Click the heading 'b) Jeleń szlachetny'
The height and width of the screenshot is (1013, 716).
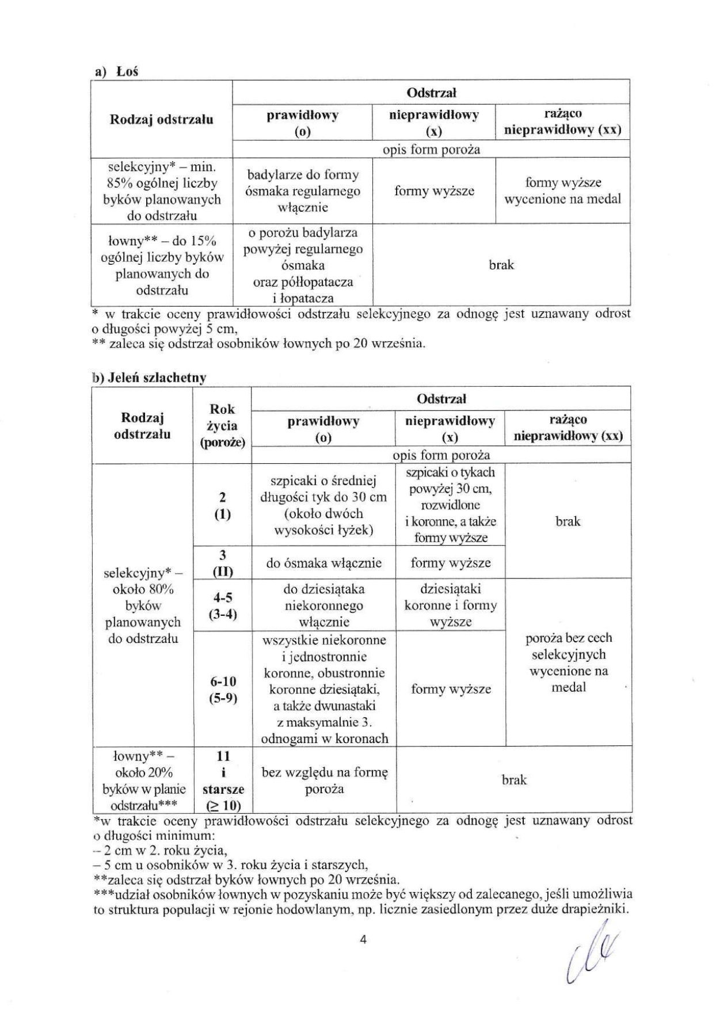pos(149,378)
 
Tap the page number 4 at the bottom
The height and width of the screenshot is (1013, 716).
pos(363,940)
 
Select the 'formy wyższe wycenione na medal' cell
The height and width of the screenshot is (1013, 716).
pos(563,191)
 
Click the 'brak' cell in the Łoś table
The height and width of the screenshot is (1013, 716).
pos(501,265)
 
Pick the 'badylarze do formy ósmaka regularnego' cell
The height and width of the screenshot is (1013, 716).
pos(302,191)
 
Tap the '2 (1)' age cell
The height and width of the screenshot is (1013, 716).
pos(222,505)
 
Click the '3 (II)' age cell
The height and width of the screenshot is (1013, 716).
pos(222,563)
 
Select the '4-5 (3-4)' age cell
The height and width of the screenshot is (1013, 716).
pos(222,606)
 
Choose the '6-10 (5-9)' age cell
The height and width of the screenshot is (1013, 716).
pos(223,690)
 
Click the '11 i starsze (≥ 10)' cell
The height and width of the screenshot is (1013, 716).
pos(223,780)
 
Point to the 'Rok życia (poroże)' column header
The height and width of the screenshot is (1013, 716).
pos(222,425)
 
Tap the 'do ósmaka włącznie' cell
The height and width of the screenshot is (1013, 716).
pos(323,563)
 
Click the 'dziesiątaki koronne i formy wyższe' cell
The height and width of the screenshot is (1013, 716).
pos(451,605)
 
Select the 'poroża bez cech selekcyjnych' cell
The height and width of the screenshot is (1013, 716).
pos(568,662)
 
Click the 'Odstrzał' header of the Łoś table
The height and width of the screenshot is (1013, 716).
pos(431,93)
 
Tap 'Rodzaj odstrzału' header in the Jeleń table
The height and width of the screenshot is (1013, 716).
pos(142,425)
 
